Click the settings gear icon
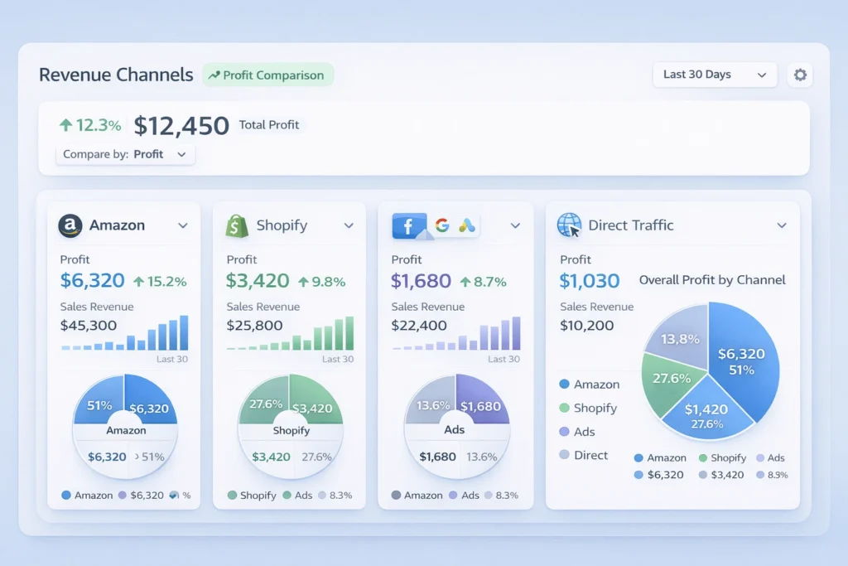click(800, 75)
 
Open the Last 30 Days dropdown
click(715, 75)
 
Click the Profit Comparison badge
click(267, 75)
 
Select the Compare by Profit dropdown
click(125, 154)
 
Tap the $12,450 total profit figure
click(181, 126)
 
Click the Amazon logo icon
click(70, 225)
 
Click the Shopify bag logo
click(238, 225)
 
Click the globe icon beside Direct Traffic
click(570, 225)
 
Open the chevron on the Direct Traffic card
click(781, 225)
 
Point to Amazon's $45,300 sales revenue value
click(89, 326)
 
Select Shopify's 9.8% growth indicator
click(322, 282)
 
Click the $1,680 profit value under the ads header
click(422, 281)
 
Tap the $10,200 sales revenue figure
click(587, 326)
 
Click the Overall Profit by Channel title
click(712, 280)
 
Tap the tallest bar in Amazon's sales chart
click(184, 332)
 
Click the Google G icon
click(441, 225)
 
